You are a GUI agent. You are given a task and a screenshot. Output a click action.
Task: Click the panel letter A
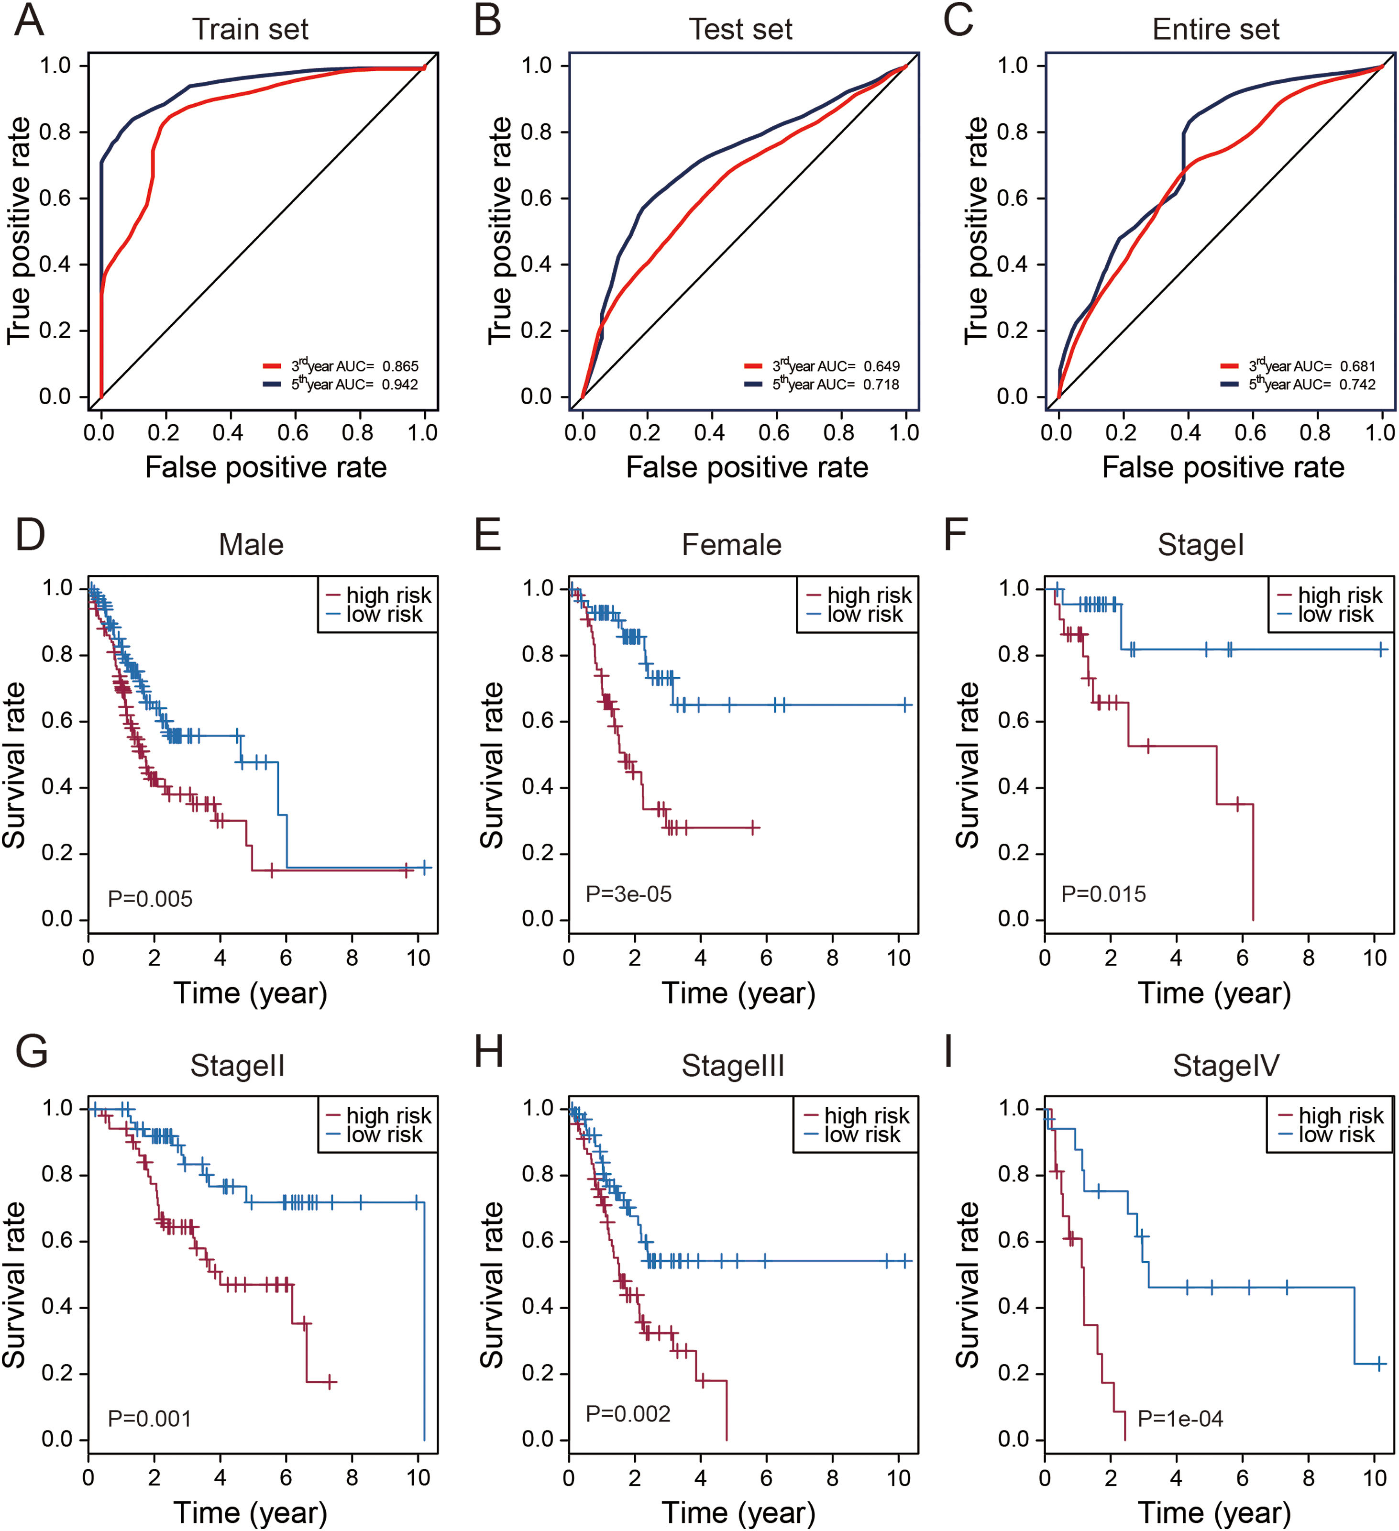[29, 21]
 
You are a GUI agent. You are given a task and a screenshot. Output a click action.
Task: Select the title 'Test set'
[740, 30]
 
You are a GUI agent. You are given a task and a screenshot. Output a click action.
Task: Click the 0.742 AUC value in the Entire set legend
[1357, 384]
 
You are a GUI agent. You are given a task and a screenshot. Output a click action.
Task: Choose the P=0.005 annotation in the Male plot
[150, 899]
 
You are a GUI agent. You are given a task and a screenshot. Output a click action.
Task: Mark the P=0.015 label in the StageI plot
[1103, 894]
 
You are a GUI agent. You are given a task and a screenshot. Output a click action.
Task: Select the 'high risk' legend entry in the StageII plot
[388, 1115]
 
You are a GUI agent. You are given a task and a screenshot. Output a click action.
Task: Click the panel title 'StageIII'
[732, 1066]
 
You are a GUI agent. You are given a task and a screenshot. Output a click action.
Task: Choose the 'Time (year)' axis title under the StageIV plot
[1214, 1513]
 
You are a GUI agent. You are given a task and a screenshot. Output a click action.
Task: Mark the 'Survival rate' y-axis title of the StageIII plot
[492, 1285]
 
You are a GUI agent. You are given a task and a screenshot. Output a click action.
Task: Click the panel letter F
[955, 533]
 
